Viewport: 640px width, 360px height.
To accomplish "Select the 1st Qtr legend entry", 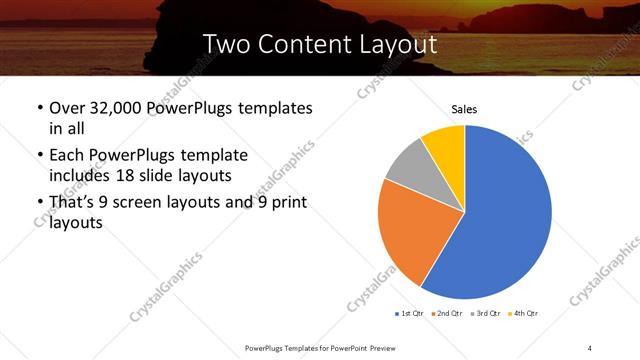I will [x=411, y=314].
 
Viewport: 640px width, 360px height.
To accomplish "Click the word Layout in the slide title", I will [x=397, y=44].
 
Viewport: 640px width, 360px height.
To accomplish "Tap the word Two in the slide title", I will [x=223, y=44].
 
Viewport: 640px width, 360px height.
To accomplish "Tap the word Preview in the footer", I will [x=376, y=346].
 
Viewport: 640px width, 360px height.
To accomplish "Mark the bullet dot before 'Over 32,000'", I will [x=39, y=108].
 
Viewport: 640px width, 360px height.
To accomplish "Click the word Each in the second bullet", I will [x=67, y=155].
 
